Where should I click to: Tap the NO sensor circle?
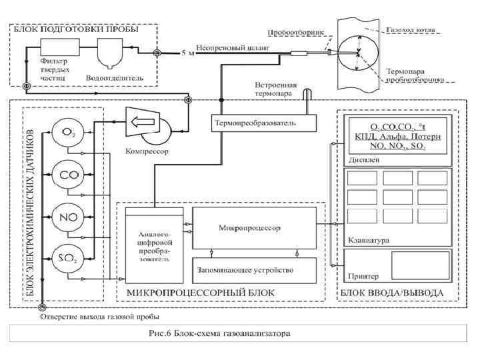click(67, 217)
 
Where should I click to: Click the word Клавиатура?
click(369, 239)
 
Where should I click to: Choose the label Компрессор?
click(147, 151)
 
